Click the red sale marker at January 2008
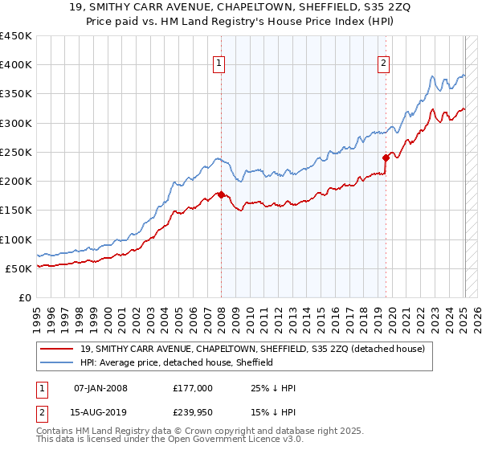221,194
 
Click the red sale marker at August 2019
386,158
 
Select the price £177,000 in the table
193,388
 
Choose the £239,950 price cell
193,414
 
